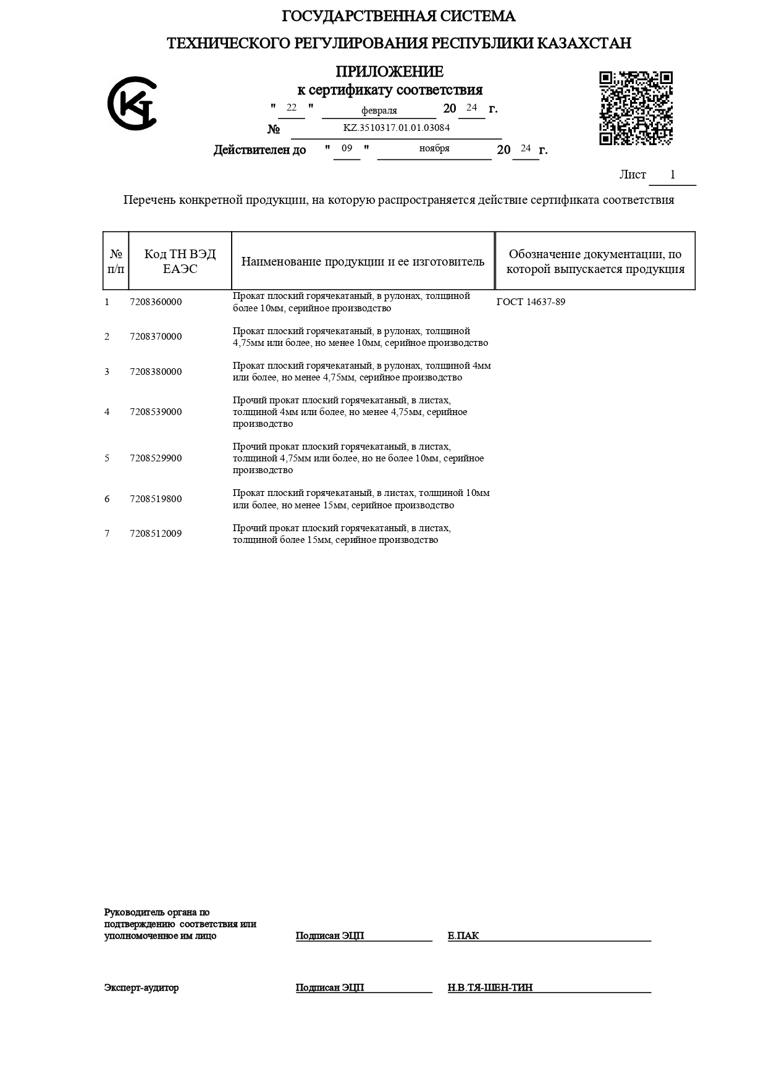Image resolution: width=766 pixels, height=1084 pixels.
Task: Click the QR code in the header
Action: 636,109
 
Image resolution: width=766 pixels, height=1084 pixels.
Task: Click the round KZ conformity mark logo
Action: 132,104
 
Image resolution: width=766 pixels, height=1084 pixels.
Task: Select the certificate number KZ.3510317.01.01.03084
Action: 397,128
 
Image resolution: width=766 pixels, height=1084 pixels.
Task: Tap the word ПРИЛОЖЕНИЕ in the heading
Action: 390,72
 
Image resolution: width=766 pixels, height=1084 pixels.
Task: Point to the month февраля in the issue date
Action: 379,111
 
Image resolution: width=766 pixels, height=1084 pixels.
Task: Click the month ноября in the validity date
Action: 434,149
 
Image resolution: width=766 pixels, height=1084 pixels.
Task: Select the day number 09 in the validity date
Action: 347,149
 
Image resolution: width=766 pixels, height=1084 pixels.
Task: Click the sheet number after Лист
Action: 673,175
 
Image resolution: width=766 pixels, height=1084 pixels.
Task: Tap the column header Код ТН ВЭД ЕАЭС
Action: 180,261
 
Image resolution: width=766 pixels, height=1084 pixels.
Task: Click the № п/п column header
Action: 116,261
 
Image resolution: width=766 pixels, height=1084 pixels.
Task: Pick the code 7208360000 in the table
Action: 156,302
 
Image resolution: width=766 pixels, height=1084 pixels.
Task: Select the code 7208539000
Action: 156,412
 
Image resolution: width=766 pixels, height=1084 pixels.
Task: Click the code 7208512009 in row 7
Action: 156,534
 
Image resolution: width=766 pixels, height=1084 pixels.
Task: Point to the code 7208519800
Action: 156,499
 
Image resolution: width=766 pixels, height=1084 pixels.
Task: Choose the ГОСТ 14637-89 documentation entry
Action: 531,302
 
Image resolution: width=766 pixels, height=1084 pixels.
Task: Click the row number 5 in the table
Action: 107,458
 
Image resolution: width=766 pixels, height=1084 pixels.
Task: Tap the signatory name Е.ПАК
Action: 463,936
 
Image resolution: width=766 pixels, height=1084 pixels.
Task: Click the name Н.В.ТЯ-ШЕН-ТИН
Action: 490,988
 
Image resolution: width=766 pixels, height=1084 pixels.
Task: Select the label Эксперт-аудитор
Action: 141,988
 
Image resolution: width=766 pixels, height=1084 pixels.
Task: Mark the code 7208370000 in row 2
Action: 156,337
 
